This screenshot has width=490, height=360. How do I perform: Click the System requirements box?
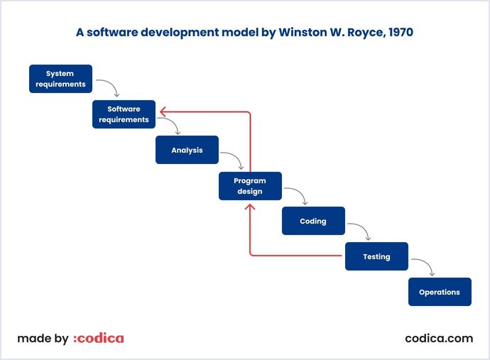(x=60, y=79)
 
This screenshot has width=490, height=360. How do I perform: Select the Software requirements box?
(x=124, y=114)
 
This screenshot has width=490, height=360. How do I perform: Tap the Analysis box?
(x=187, y=150)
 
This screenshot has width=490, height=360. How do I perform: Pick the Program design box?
(x=250, y=186)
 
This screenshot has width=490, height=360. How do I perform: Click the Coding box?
(x=313, y=221)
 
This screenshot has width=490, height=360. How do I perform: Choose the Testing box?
(x=376, y=256)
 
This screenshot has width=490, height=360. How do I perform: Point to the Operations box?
(x=440, y=292)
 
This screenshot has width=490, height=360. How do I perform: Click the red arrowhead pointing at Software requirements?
(x=163, y=111)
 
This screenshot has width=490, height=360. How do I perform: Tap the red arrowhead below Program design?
(x=250, y=207)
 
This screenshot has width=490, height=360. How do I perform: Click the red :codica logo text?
(x=99, y=339)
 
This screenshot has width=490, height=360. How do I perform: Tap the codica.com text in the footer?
(x=438, y=339)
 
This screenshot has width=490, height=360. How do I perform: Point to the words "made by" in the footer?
(x=43, y=339)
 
